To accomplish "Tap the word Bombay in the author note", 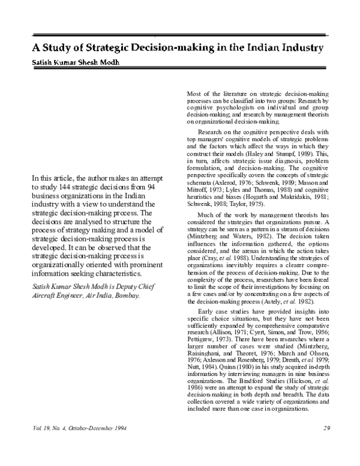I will click(x=125, y=296).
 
